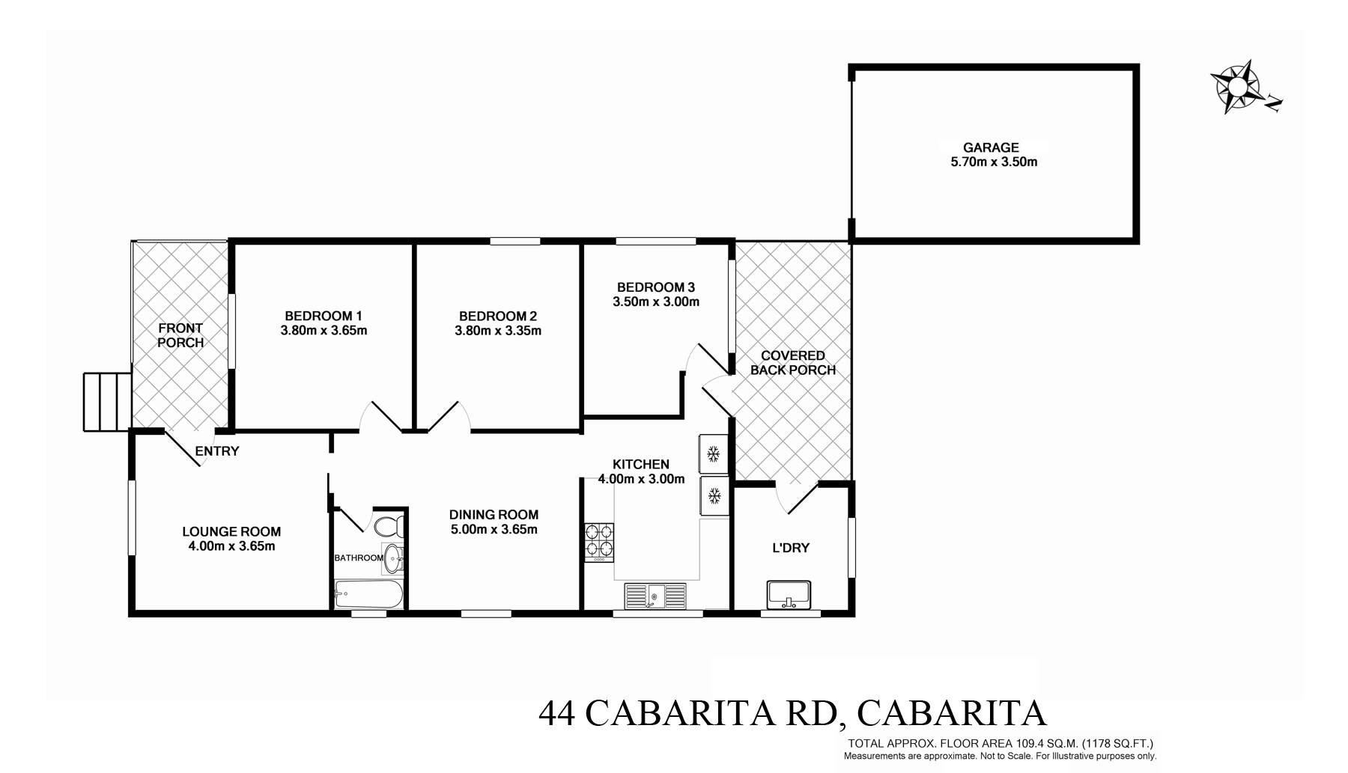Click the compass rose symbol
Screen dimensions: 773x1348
pos(1236,87)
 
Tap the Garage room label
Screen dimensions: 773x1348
pos(991,148)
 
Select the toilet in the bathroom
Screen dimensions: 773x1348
pos(389,526)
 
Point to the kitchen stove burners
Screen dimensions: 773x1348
pos(599,542)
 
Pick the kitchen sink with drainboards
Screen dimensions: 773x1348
pos(655,596)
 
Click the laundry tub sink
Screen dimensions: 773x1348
pos(789,594)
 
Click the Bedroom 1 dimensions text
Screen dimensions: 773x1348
pos(324,330)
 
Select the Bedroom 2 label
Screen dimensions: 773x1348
pos(498,317)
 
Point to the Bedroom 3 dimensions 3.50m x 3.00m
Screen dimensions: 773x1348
pos(656,302)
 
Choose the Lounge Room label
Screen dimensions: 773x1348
pos(231,532)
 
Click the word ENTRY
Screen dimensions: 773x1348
pos(217,451)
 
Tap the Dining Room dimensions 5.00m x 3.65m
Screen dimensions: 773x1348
pos(494,530)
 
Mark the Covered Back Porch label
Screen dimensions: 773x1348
pos(792,363)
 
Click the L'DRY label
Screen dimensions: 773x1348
pos(791,548)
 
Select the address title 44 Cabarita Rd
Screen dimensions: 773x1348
pos(792,713)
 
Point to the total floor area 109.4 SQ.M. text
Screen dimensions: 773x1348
pos(1000,744)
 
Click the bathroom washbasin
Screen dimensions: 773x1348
pos(394,556)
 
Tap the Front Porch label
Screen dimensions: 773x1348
pos(180,335)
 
